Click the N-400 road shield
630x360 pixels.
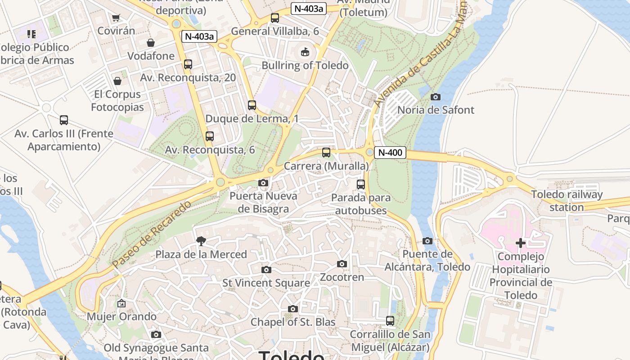[390, 153]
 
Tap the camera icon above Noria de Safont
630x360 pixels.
[435, 97]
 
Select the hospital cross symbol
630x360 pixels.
[521, 243]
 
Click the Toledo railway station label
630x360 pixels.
[567, 201]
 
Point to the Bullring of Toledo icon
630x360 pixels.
[305, 52]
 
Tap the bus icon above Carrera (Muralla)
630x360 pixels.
[326, 153]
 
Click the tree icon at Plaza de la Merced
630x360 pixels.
[201, 242]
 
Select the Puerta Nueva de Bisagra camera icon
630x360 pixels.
[263, 183]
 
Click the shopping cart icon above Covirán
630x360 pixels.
[116, 18]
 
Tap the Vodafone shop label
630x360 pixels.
[151, 56]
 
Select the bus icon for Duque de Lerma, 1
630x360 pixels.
[252, 105]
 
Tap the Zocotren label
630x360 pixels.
[342, 277]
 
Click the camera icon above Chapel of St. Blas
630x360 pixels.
[293, 309]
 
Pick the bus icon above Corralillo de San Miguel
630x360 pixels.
[390, 321]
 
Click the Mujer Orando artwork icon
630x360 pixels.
[121, 304]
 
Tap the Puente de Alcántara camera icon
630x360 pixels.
[427, 241]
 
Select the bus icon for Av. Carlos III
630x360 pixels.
[64, 120]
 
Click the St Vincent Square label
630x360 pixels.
[266, 283]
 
